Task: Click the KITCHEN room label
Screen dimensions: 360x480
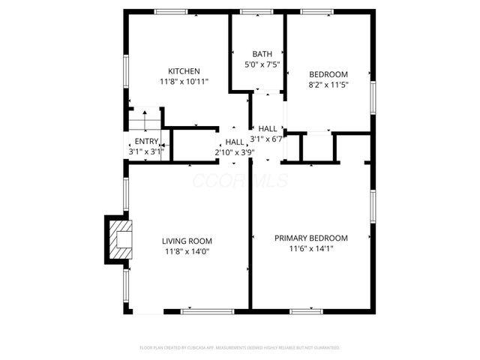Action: click(184, 71)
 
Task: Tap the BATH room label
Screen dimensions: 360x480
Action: click(262, 54)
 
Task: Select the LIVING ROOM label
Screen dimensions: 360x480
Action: click(187, 241)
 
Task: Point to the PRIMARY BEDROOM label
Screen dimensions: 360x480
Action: click(310, 238)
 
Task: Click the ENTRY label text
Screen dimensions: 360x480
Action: click(146, 142)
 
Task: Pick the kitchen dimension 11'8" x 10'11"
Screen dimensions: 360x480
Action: click(184, 82)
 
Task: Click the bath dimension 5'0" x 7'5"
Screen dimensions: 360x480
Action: click(262, 64)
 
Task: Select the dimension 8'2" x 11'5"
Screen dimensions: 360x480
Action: click(328, 85)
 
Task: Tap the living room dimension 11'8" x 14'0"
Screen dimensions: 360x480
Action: click(187, 252)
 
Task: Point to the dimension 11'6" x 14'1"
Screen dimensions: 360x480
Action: click(310, 248)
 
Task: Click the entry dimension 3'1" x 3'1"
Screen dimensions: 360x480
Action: click(146, 152)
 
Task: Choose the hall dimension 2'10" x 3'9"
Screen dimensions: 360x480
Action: click(235, 152)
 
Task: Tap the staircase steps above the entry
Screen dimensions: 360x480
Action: click(145, 119)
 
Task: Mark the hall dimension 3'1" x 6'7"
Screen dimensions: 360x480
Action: click(271, 138)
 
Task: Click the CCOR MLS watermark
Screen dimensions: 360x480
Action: click(229, 180)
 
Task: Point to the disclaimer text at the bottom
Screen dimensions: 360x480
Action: click(240, 348)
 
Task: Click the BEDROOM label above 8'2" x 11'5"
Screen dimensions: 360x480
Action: click(328, 74)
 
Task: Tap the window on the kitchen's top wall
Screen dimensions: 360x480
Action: click(171, 12)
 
